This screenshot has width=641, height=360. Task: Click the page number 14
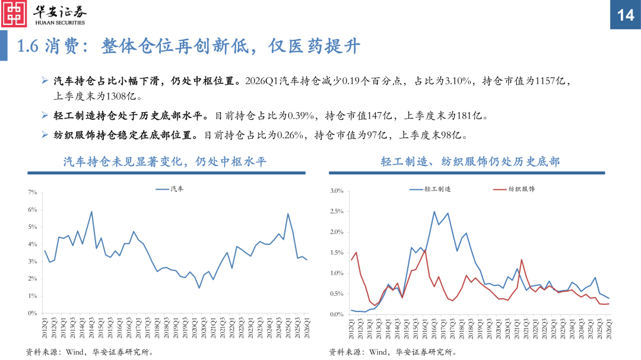626,15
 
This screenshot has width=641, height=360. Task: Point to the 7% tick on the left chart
32,193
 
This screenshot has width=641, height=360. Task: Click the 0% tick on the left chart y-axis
32,313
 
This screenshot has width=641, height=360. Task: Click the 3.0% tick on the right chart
337,191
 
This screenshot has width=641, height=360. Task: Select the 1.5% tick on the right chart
337,253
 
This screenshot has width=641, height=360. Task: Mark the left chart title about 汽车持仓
165,162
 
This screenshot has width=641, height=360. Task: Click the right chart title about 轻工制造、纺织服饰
469,162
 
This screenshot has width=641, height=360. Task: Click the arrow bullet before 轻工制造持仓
45,116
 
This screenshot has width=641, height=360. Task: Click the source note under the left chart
91,352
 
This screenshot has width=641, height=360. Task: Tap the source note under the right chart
394,352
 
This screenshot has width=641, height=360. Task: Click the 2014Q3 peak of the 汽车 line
91,211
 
